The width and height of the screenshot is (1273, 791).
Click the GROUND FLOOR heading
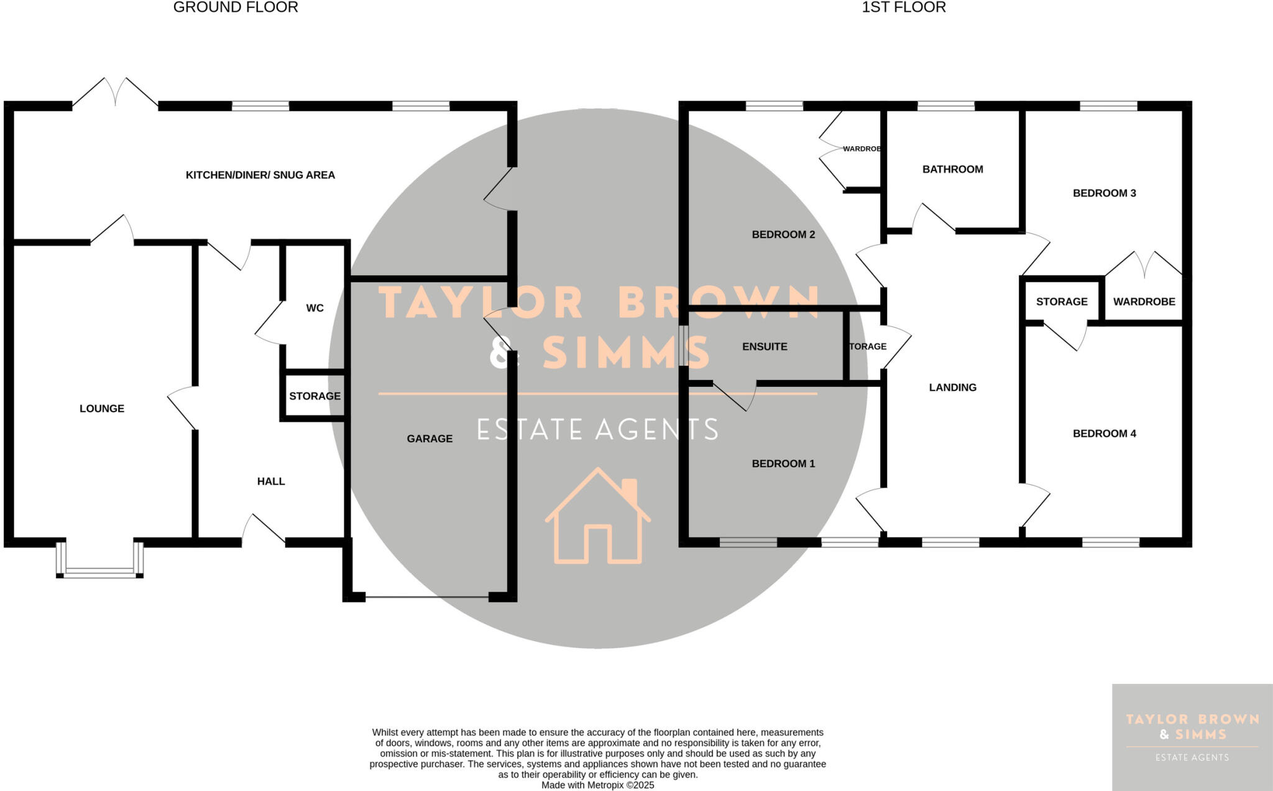point(236,7)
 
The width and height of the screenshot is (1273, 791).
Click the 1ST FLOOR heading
point(903,7)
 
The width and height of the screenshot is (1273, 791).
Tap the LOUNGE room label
point(102,409)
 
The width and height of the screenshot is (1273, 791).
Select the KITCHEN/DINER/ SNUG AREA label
point(260,175)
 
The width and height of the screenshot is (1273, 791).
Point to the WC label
point(315,308)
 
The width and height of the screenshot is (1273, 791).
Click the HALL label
point(271,481)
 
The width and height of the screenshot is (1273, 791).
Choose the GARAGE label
point(430,439)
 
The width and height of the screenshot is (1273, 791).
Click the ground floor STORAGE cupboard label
point(315,396)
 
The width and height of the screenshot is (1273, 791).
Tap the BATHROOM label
point(952,169)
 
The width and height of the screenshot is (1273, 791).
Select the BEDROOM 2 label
point(783,234)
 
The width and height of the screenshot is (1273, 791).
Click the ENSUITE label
point(765,347)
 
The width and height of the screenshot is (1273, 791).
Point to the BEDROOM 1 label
point(783,464)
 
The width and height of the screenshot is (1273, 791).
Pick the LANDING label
point(952,387)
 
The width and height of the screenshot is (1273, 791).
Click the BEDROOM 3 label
point(1104,193)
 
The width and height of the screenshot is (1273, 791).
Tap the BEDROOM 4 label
point(1104,434)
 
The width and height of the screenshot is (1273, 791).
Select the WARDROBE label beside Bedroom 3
point(1144,302)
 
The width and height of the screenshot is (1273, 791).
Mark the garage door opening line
point(427,598)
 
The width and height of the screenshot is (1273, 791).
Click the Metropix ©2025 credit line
point(597,785)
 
